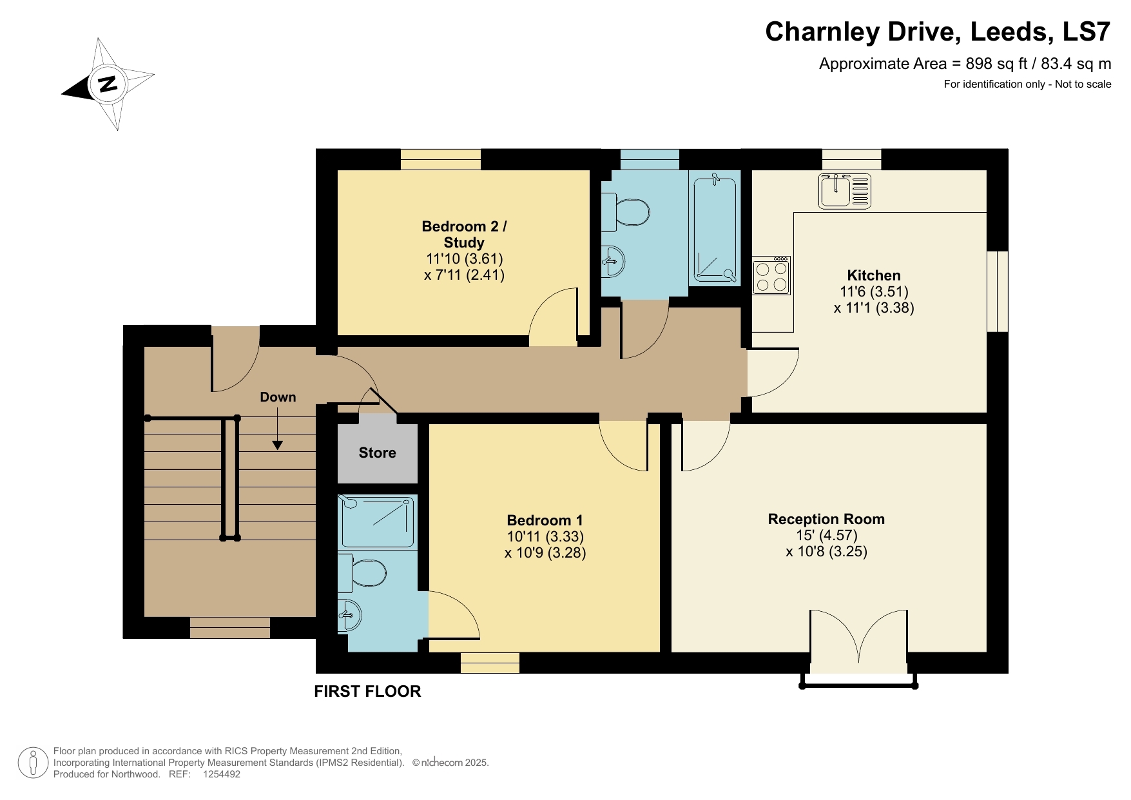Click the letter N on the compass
coord(107,84)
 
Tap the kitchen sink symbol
coord(844,191)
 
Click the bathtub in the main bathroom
coord(715,229)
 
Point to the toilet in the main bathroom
coord(627,212)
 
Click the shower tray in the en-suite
coord(377,522)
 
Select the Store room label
coord(377,453)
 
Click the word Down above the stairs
coord(278,397)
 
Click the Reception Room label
coord(826,519)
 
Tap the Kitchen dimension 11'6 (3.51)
coord(873,291)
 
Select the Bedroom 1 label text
coord(545,520)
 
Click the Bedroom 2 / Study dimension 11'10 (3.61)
coord(464,259)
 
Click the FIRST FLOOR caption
coord(367,691)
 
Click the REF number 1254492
coord(221,774)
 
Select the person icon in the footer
coord(33,763)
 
